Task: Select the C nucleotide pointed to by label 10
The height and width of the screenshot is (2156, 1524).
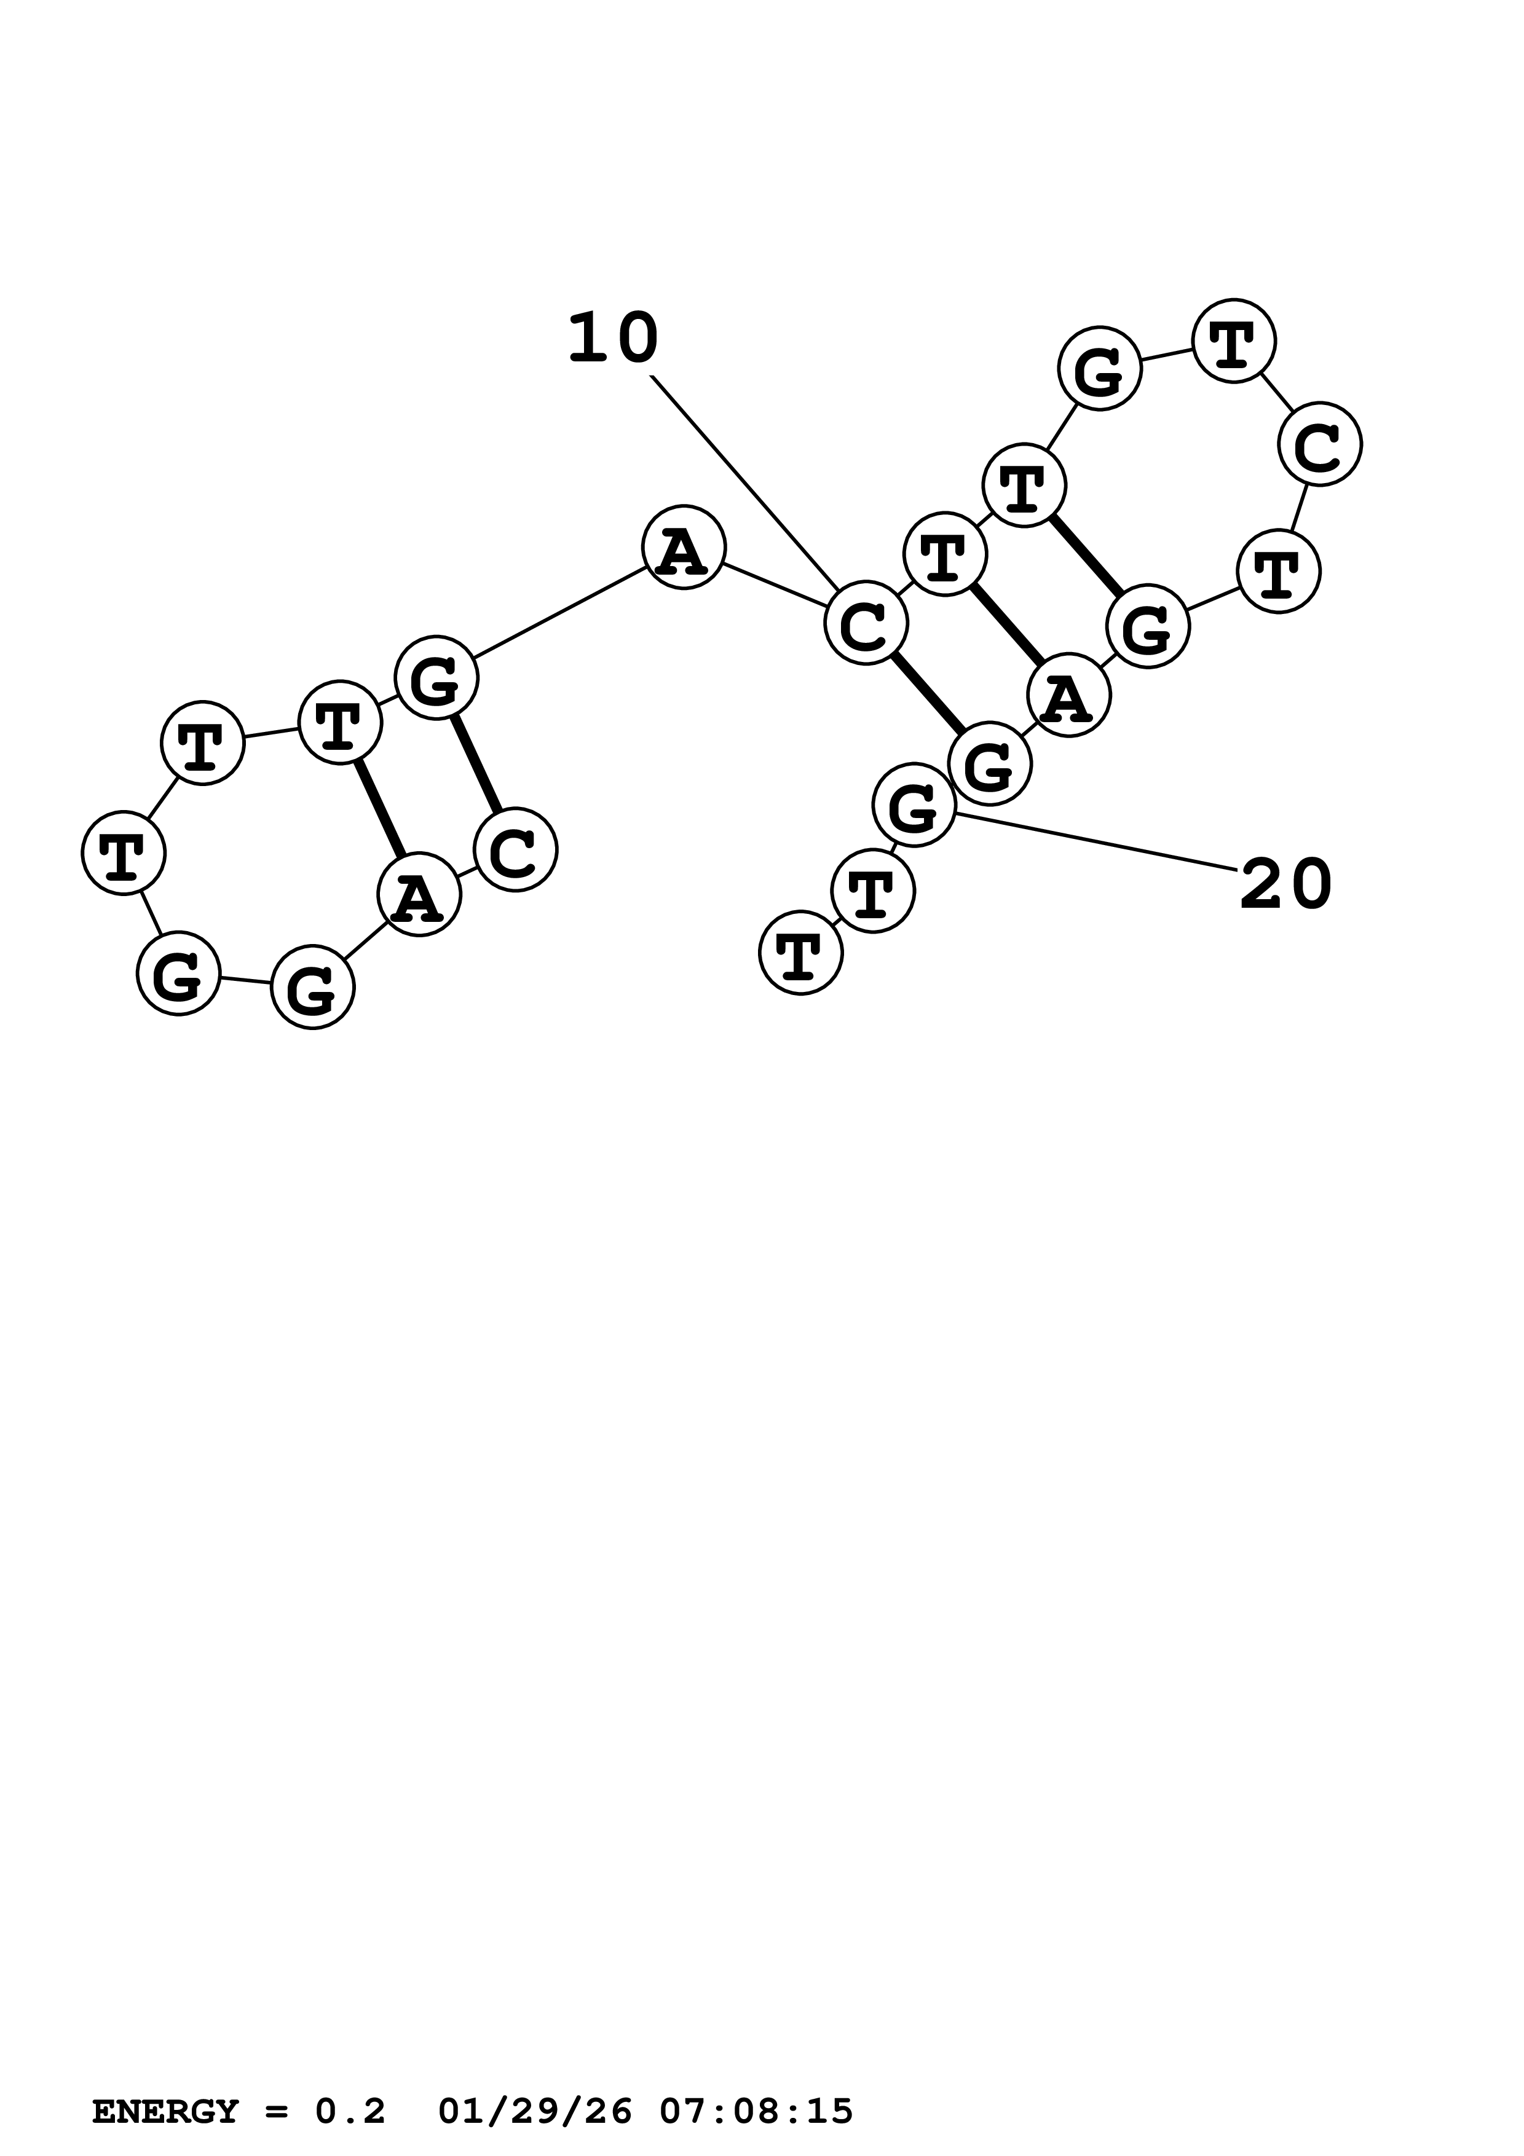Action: [x=866, y=623]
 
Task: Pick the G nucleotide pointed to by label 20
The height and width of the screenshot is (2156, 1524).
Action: [x=914, y=805]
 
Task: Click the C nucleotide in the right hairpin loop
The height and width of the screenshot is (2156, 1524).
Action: [x=1319, y=444]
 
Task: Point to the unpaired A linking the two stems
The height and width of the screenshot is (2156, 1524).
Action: [x=684, y=548]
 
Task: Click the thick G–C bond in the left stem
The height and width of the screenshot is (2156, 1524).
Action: [x=476, y=763]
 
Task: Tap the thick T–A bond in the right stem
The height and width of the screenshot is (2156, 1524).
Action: [x=1006, y=624]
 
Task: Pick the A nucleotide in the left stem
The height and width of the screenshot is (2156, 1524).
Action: [x=419, y=894]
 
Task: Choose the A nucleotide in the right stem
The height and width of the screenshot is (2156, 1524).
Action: [x=1068, y=695]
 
